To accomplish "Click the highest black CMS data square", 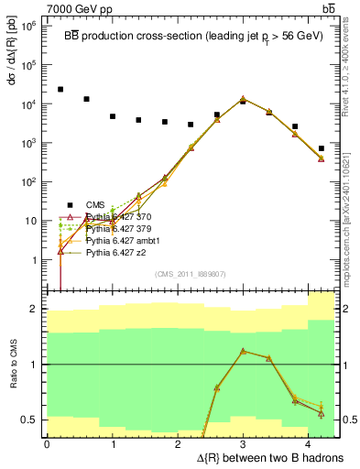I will click(60, 90).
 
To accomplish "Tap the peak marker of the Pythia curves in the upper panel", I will click(243, 99).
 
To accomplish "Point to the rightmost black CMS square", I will click(321, 148).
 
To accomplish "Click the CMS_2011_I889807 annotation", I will click(190, 273).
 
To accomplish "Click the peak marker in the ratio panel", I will click(243, 351).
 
